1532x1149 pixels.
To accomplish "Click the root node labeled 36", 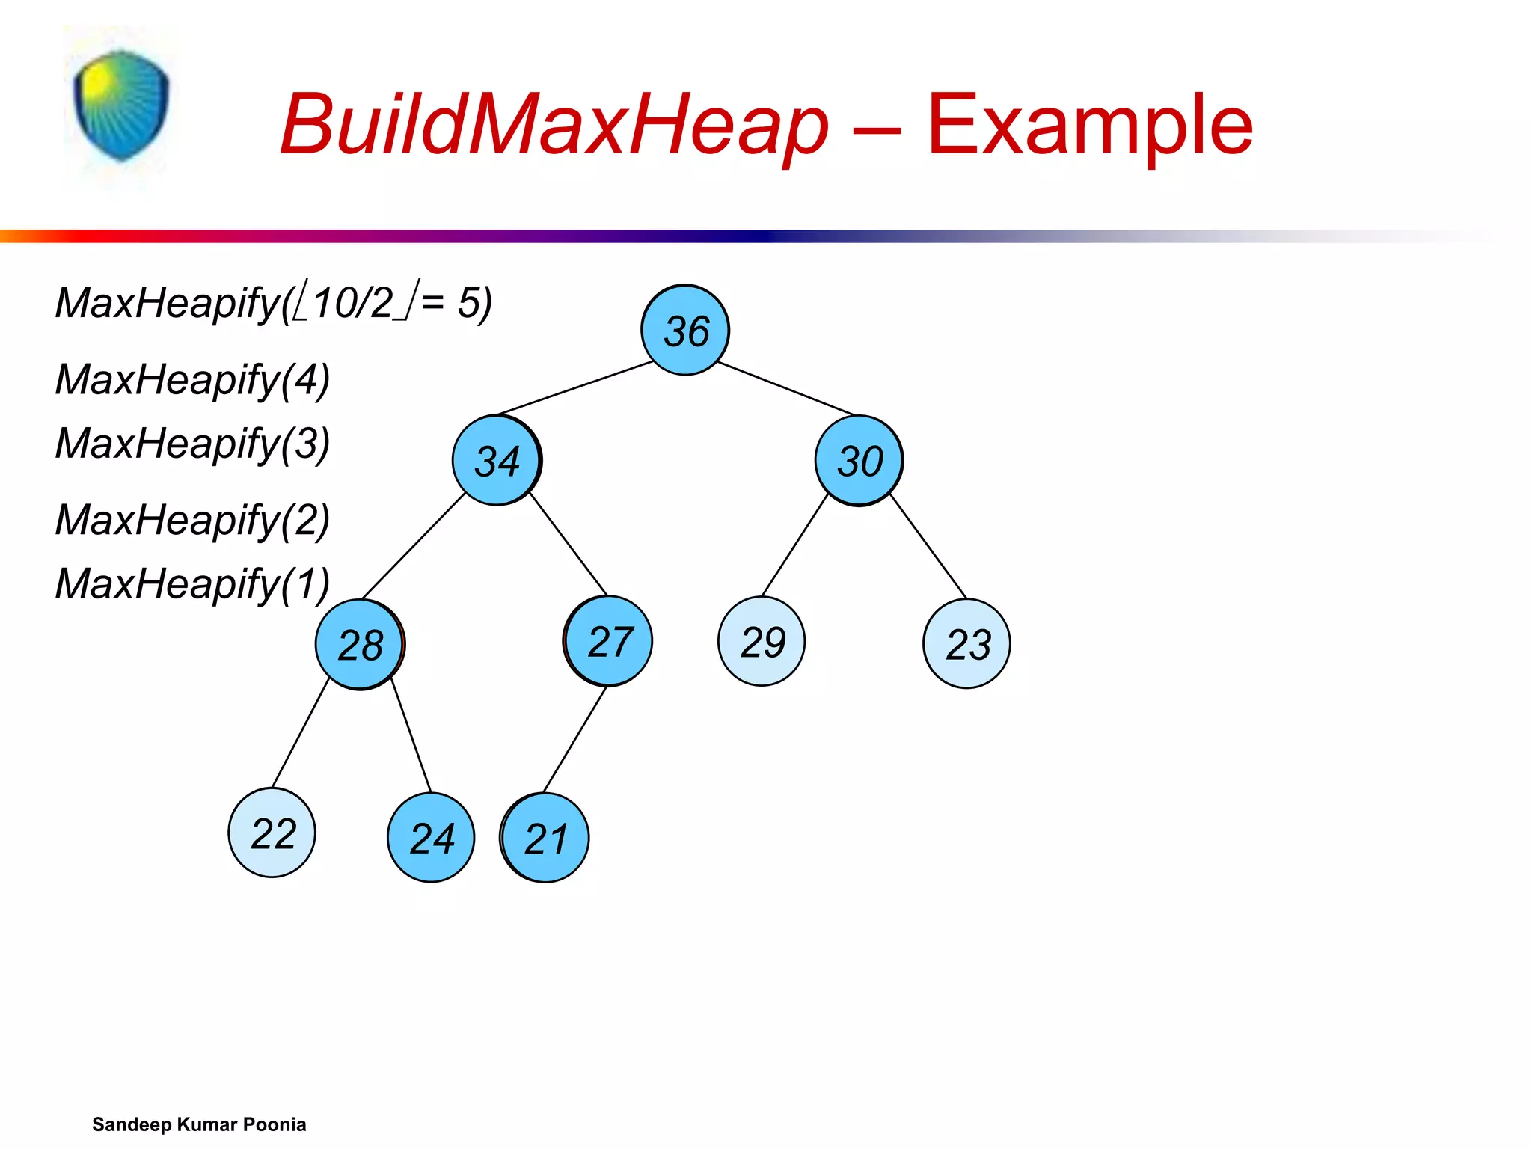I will pos(685,330).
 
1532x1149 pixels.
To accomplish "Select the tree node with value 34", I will pos(497,460).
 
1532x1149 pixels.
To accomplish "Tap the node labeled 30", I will pos(859,460).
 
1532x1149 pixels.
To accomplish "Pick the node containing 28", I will pos(360,644).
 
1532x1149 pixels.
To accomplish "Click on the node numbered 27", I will pos(608,641).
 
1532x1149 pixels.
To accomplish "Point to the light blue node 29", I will pos(762,641).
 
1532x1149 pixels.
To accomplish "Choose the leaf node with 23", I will pos(966,643).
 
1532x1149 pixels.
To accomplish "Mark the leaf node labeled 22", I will pos(272,833).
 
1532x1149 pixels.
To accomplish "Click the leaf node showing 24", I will pos(431,837).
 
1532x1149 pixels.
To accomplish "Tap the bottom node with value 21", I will pos(545,838).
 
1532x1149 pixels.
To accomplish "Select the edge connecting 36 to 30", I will pos(785,388).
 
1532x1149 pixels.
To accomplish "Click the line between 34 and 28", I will pos(413,546).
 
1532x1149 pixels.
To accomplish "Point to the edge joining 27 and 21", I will pos(574,739).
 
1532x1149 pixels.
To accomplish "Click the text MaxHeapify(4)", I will pos(192,379).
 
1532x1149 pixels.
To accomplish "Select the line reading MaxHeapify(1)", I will pos(192,583).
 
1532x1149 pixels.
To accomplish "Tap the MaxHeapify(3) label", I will pos(192,443).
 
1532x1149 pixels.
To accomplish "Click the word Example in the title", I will pos(1089,124).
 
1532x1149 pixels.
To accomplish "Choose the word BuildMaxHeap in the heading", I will pos(554,124).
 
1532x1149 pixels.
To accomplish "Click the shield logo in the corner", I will pos(121,105).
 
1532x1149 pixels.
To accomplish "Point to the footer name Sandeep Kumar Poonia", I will pos(199,1124).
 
